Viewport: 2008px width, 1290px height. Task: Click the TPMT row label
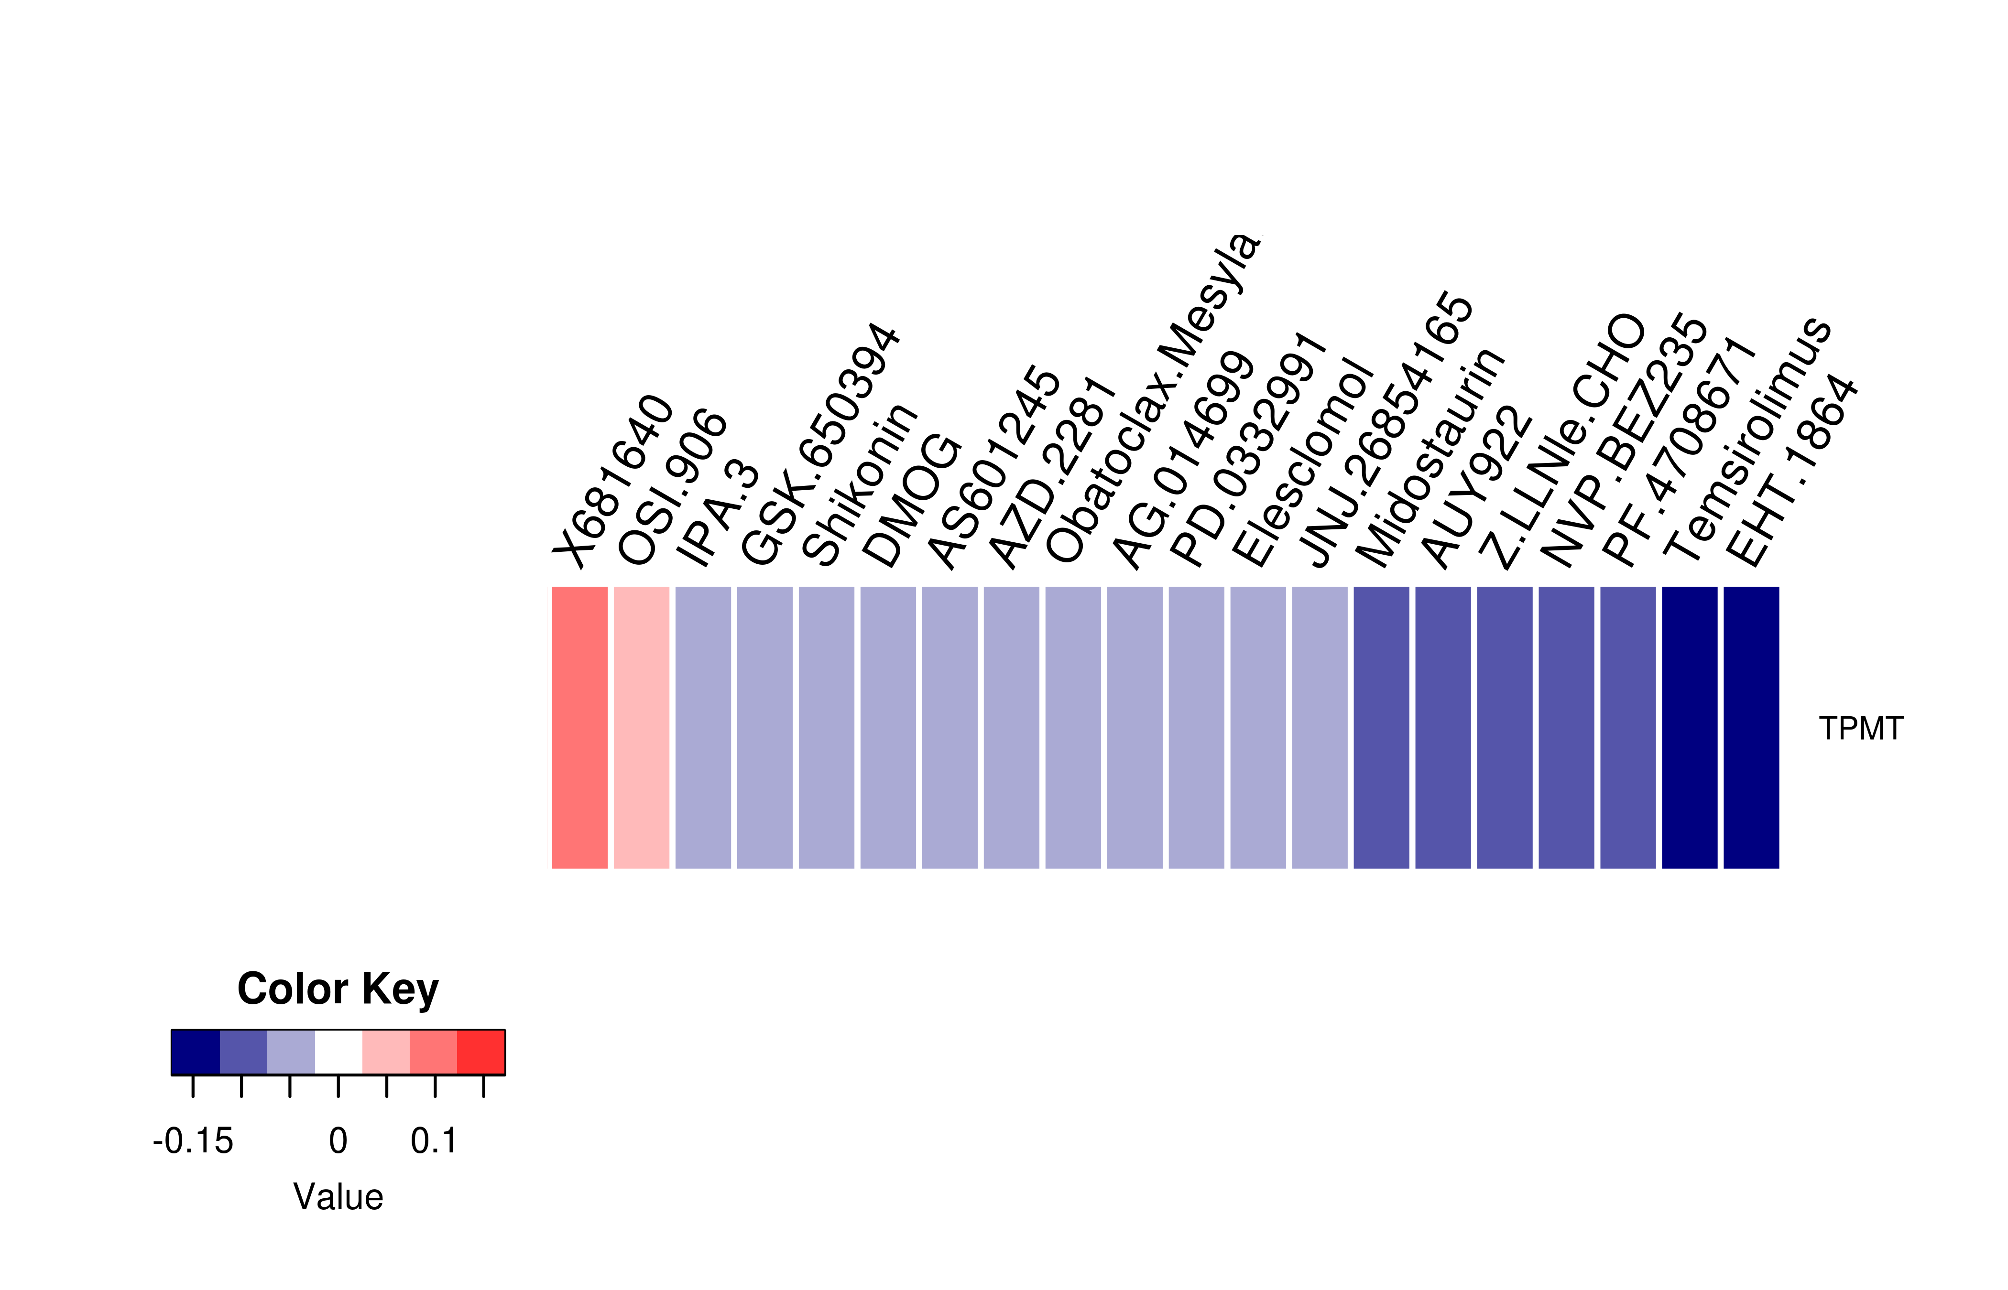pyautogui.click(x=1860, y=729)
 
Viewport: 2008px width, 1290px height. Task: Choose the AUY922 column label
pyautogui.click(x=1475, y=487)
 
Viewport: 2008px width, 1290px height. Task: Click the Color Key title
pyautogui.click(x=338, y=989)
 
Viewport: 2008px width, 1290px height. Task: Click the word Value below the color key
pyautogui.click(x=338, y=1197)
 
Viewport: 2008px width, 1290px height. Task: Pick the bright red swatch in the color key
pyautogui.click(x=481, y=1052)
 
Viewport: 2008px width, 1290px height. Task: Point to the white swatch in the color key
pyautogui.click(x=338, y=1052)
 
